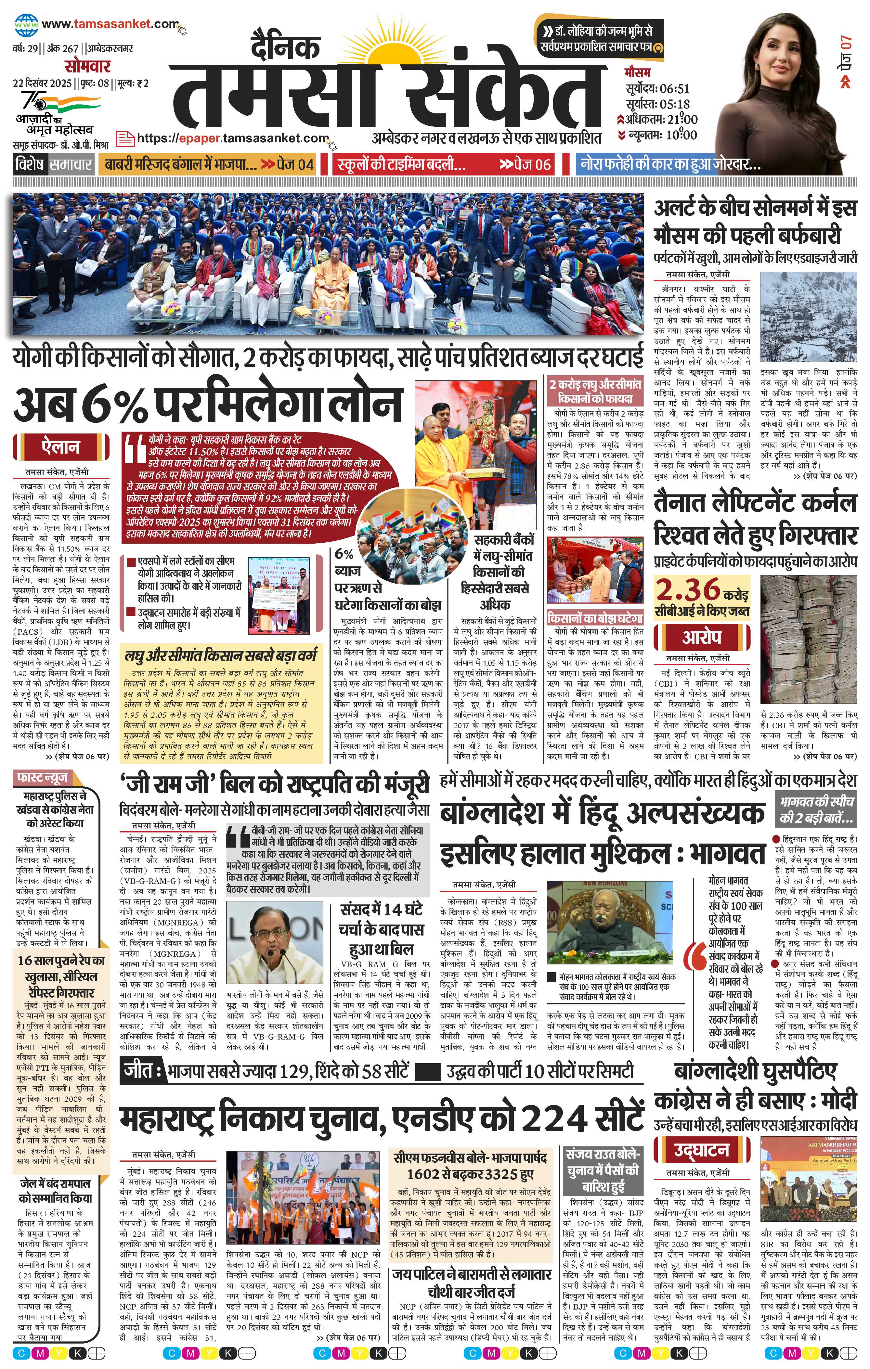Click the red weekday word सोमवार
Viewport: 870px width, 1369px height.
pyautogui.click(x=87, y=66)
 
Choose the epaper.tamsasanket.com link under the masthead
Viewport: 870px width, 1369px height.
pyautogui.click(x=233, y=138)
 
